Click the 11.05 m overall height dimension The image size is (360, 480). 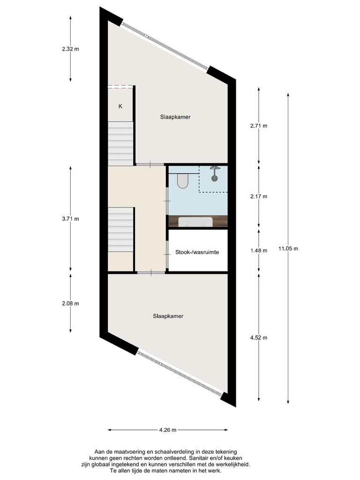288,249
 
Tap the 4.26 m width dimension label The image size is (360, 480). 167,430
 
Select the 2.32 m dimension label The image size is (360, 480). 70,48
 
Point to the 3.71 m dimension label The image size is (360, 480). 70,219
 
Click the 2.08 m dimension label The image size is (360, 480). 70,303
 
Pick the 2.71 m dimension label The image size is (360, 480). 258,126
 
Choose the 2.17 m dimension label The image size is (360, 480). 258,196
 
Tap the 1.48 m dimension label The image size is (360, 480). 258,250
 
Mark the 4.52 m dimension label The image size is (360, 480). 258,337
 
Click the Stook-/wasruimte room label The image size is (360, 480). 197,252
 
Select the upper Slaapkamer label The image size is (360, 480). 174,117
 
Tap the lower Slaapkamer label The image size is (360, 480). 168,316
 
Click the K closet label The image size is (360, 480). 120,106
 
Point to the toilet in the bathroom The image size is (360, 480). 182,180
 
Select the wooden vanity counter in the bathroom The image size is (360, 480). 197,221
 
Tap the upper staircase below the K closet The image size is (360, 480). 121,143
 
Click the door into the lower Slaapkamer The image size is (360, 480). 151,273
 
